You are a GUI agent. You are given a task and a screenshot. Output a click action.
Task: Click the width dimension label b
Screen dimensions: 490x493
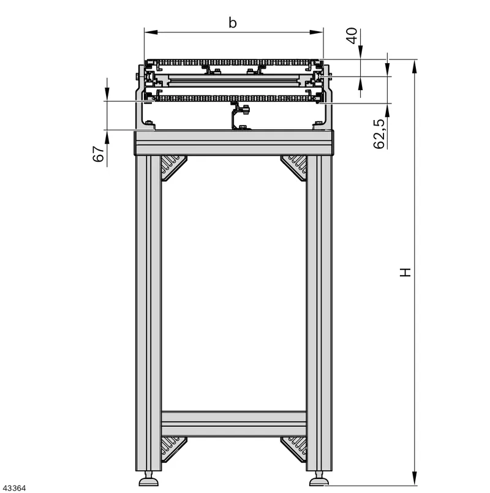click(232, 23)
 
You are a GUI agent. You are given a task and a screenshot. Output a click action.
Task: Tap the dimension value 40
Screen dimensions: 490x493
click(352, 36)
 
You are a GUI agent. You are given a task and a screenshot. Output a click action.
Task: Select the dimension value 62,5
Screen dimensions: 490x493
click(379, 134)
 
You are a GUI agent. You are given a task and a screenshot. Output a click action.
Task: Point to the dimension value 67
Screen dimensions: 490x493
click(99, 154)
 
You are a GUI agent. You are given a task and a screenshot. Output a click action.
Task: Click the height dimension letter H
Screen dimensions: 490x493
click(405, 273)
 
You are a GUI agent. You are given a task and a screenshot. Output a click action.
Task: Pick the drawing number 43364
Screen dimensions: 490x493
click(13, 488)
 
